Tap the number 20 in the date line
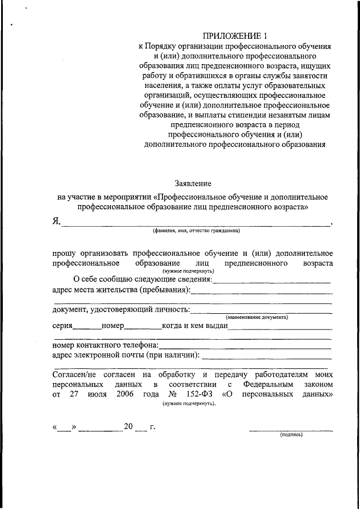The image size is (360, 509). coord(128,426)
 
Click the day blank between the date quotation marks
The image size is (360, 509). coord(65,429)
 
